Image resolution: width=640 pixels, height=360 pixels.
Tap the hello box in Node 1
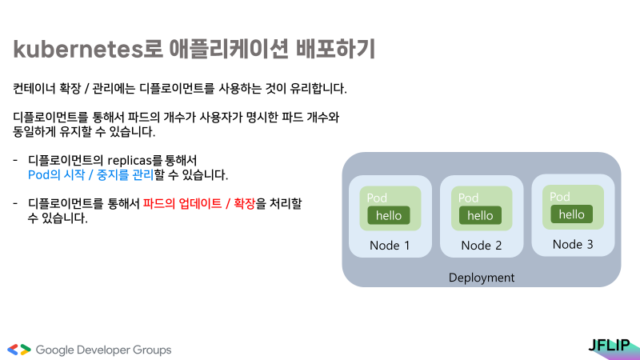point(389,215)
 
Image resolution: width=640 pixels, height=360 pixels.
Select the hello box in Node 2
point(480,215)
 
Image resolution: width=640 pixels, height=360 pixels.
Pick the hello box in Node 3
point(571,214)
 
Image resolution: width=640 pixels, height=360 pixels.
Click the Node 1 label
point(390,246)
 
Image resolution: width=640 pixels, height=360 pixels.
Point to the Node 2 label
point(481,246)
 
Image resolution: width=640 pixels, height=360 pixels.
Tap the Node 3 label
point(572,244)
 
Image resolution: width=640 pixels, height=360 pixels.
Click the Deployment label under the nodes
point(482,278)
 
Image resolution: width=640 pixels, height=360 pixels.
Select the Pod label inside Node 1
point(377,198)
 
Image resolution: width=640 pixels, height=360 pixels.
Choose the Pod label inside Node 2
point(468,198)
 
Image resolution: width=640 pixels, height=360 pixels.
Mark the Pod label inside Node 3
point(559,197)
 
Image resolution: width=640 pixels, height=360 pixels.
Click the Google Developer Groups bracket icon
point(19,350)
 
